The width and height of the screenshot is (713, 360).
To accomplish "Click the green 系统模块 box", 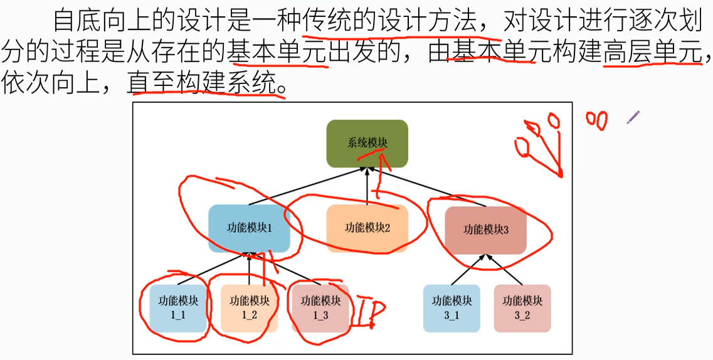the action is pyautogui.click(x=367, y=144).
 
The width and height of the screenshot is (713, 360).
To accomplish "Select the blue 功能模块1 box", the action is pyautogui.click(x=249, y=228).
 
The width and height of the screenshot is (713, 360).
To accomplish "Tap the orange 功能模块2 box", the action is pyautogui.click(x=367, y=228).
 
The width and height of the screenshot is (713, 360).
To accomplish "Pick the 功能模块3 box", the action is pyautogui.click(x=486, y=230).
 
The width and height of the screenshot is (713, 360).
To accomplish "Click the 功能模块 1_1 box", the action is pyautogui.click(x=177, y=308).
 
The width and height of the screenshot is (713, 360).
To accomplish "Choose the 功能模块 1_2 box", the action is pyautogui.click(x=249, y=308).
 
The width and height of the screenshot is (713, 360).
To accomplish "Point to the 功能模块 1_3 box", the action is pyautogui.click(x=320, y=308).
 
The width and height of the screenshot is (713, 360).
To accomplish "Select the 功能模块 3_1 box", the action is pyautogui.click(x=452, y=308).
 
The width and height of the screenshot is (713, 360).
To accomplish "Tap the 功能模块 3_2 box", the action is pyautogui.click(x=522, y=308).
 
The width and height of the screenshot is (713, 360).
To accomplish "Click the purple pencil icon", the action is pyautogui.click(x=633, y=117).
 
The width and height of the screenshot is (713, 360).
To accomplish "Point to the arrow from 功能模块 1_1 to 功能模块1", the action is pyautogui.click(x=213, y=269).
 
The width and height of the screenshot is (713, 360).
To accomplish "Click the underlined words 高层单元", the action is pyautogui.click(x=652, y=54).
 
